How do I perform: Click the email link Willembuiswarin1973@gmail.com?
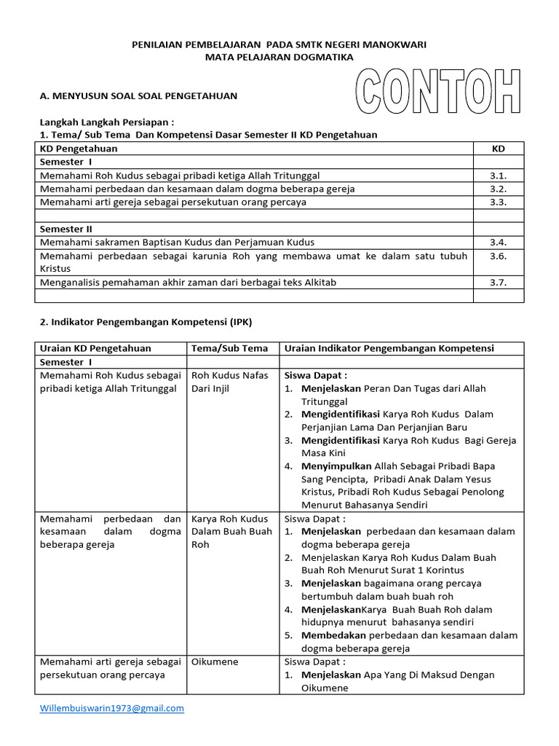[x=111, y=707]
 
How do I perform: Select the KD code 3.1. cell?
[x=498, y=176]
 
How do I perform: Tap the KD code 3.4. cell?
[x=498, y=242]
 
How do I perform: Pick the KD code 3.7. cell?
[x=498, y=282]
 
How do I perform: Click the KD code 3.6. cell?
[x=498, y=256]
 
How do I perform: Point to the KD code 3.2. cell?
[x=498, y=189]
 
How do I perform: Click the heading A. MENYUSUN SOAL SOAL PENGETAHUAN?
[x=138, y=95]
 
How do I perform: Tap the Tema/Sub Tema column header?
[x=229, y=348]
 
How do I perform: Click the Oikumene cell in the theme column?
[x=215, y=661]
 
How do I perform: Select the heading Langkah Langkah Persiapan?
[x=106, y=122]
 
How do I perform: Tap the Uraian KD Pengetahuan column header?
[x=95, y=348]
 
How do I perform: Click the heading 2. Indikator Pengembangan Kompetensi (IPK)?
[x=145, y=321]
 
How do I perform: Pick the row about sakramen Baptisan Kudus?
[x=178, y=242]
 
